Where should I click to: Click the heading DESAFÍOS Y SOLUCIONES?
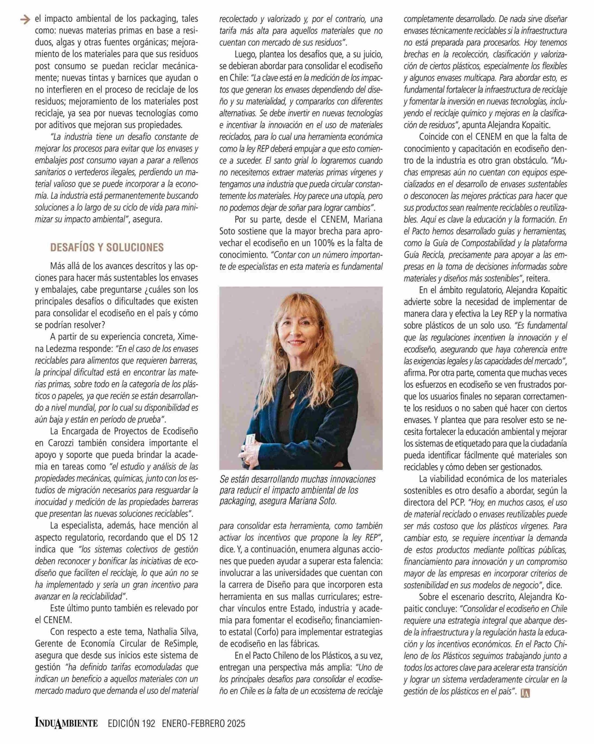click(107, 247)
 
